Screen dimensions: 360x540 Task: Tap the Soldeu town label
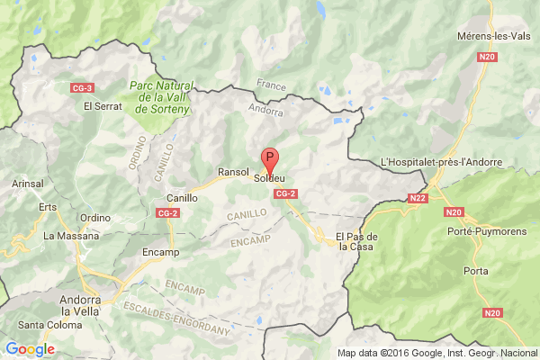[x=270, y=178]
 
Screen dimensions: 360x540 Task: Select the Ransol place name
[x=232, y=171]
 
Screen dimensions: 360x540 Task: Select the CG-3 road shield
[x=83, y=87]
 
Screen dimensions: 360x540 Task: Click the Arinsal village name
[x=28, y=184]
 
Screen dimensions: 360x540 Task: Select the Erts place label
[x=48, y=205]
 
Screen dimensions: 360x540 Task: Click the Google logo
[x=29, y=349]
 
